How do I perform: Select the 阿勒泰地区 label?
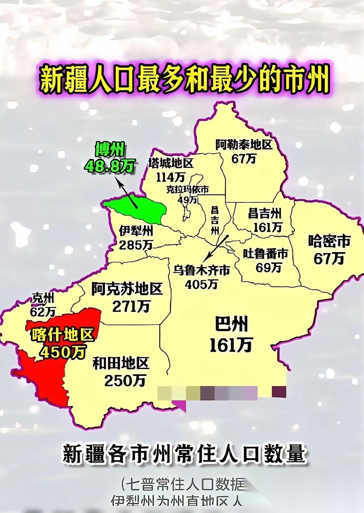pyautogui.click(x=244, y=145)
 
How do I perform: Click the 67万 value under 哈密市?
pyautogui.click(x=329, y=258)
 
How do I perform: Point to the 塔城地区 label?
pyautogui.click(x=170, y=164)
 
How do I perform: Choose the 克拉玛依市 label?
pyautogui.click(x=187, y=189)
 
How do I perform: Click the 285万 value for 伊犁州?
pyautogui.click(x=136, y=245)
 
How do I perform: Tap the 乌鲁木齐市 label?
pyautogui.click(x=202, y=270)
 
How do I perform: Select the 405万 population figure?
pyautogui.click(x=201, y=284)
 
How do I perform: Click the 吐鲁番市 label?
pyautogui.click(x=265, y=254)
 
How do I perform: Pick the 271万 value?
pyautogui.click(x=131, y=306)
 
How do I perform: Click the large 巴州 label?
pyautogui.click(x=232, y=324)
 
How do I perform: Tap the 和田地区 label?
pyautogui.click(x=121, y=363)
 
